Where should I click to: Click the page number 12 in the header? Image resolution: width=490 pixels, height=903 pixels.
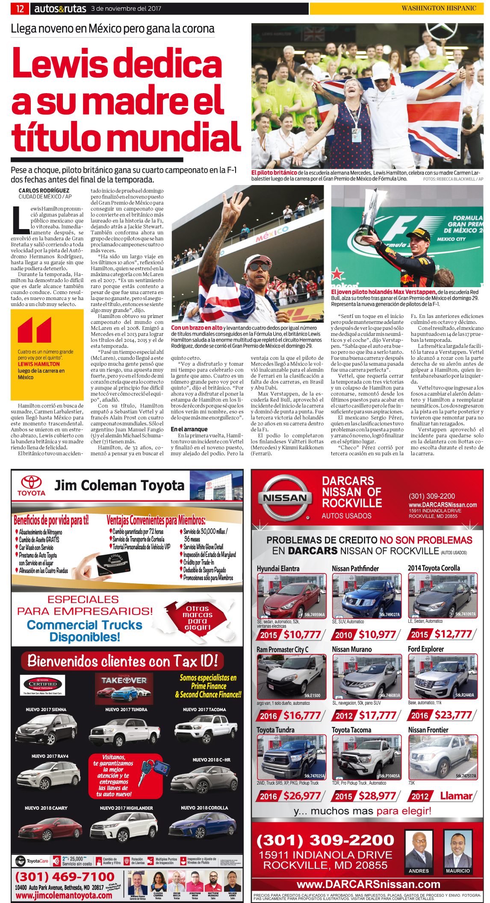point(20,9)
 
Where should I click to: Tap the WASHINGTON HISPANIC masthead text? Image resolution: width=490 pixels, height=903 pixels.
point(438,8)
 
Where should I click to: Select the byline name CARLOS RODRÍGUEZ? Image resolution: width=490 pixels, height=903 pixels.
point(44,191)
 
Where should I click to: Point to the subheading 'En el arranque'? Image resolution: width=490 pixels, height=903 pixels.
point(189,429)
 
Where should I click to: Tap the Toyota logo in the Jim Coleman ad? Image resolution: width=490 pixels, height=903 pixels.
point(32,485)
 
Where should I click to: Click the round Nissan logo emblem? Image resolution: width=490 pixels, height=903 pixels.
point(285,498)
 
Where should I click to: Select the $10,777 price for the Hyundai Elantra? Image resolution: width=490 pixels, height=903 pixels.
point(302,635)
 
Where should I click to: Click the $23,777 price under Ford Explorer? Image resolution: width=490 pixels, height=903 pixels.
point(453,715)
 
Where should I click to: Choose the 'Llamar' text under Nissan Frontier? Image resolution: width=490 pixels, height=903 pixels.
point(456,796)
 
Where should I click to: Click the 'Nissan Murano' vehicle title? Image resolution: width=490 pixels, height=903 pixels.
point(351,649)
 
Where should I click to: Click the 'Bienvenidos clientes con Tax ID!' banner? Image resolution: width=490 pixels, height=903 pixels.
point(122,661)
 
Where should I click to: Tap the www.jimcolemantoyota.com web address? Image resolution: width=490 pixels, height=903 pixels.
point(64,895)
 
